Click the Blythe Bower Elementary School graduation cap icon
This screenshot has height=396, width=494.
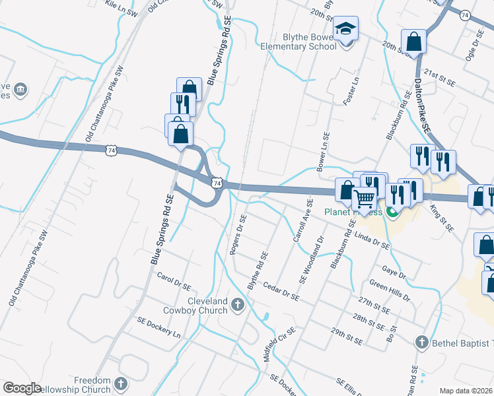click(345, 28)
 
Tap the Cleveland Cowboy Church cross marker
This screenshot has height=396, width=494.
click(238, 304)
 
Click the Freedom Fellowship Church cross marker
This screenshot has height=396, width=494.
click(120, 383)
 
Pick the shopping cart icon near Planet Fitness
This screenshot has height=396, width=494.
click(364, 197)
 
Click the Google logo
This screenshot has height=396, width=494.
click(22, 388)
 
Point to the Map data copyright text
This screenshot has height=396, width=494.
click(466, 391)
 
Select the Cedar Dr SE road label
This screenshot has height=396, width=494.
click(281, 291)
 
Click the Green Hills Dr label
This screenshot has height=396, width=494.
click(390, 290)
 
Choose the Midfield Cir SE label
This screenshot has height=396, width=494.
click(278, 345)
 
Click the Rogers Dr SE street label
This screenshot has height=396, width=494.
click(238, 234)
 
